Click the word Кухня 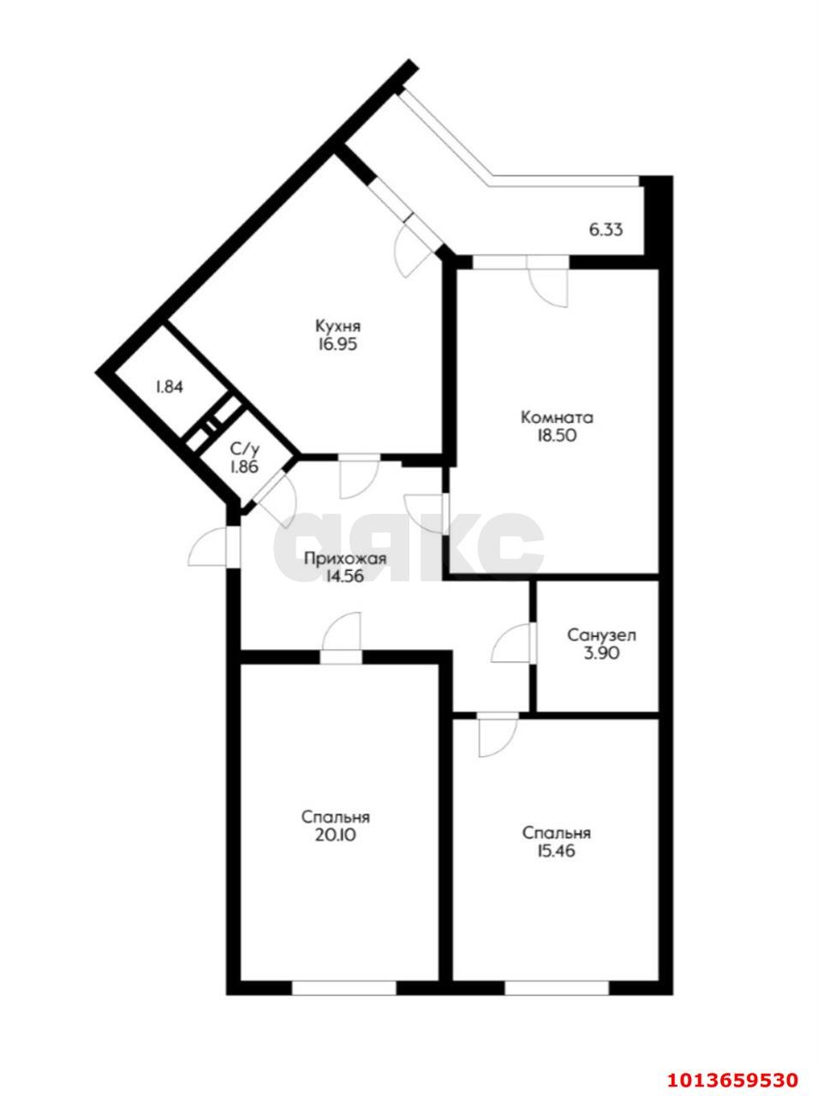point(337,326)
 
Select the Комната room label point(557,418)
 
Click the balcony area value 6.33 point(605,229)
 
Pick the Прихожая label point(344,558)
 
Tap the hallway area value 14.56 point(344,577)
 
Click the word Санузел point(601,635)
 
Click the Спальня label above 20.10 point(335,816)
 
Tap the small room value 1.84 point(169,386)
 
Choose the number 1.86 point(244,467)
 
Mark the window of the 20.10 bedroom point(344,987)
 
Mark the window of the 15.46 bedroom point(557,987)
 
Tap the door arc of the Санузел point(511,644)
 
